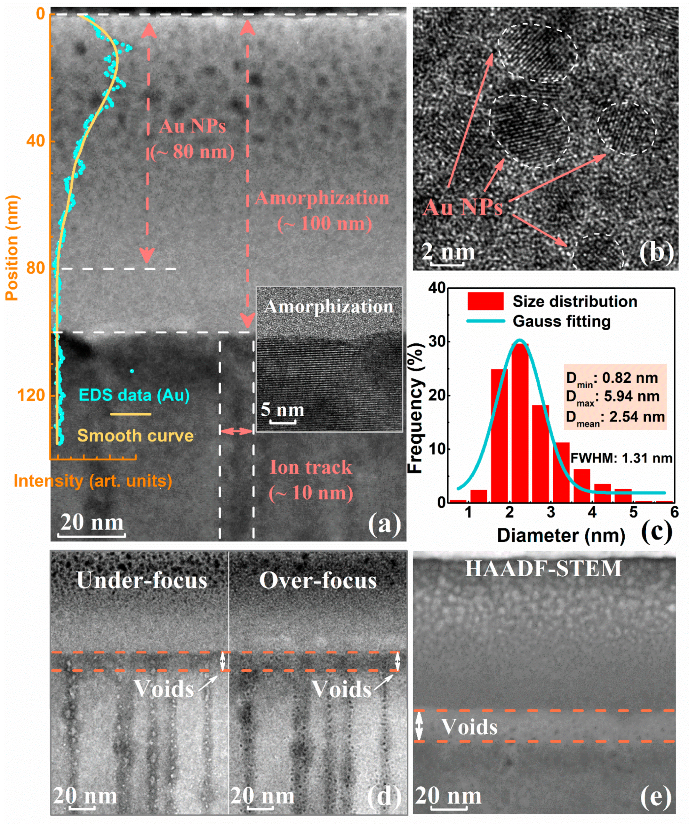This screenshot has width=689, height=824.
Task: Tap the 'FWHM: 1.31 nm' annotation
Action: point(621,458)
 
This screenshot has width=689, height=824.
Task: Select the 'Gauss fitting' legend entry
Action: point(561,321)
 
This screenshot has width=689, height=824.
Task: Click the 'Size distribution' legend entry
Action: point(574,301)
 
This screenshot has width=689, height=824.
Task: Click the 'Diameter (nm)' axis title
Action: point(561,536)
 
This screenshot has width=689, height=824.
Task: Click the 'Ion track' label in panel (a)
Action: point(311,467)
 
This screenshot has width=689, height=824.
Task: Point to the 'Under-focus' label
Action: point(142,580)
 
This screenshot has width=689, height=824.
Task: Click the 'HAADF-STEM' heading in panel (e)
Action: point(543,568)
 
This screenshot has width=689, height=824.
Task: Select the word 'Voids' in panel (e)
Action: point(469,727)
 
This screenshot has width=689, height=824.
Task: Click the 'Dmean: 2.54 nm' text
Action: point(615,417)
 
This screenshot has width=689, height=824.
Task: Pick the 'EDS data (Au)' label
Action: point(134,395)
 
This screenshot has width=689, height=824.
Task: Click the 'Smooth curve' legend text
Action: point(135,436)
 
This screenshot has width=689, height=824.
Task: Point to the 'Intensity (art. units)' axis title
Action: point(93,481)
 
